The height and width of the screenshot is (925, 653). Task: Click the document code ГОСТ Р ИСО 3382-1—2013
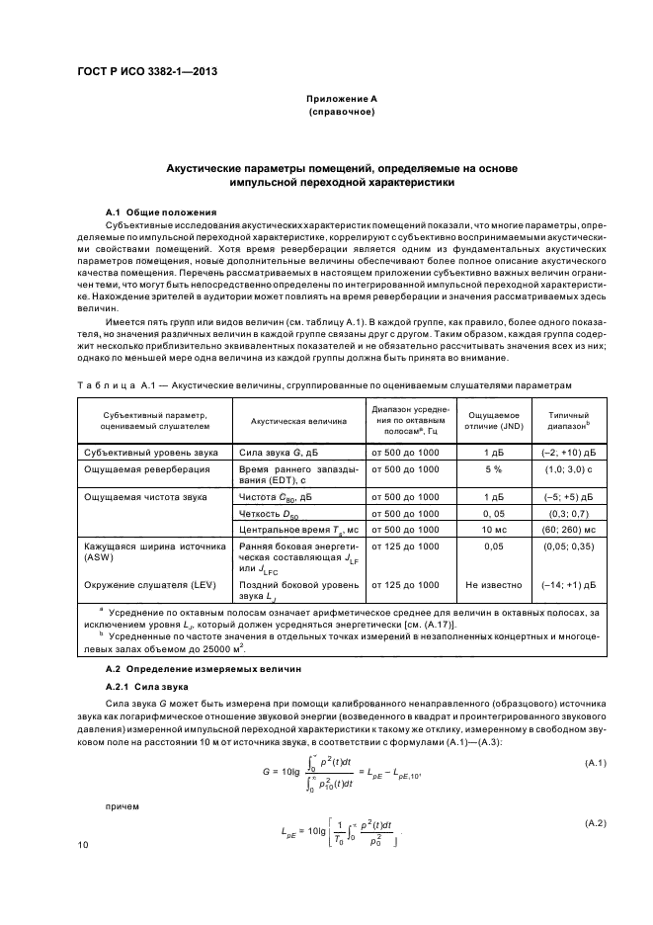[147, 71]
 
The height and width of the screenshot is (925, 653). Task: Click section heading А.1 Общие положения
[154, 212]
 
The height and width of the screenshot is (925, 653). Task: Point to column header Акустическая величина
[299, 420]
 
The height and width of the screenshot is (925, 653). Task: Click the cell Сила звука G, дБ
[274, 451]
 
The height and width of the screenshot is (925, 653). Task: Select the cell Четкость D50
[271, 514]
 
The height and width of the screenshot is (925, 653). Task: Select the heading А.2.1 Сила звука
[141, 684]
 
